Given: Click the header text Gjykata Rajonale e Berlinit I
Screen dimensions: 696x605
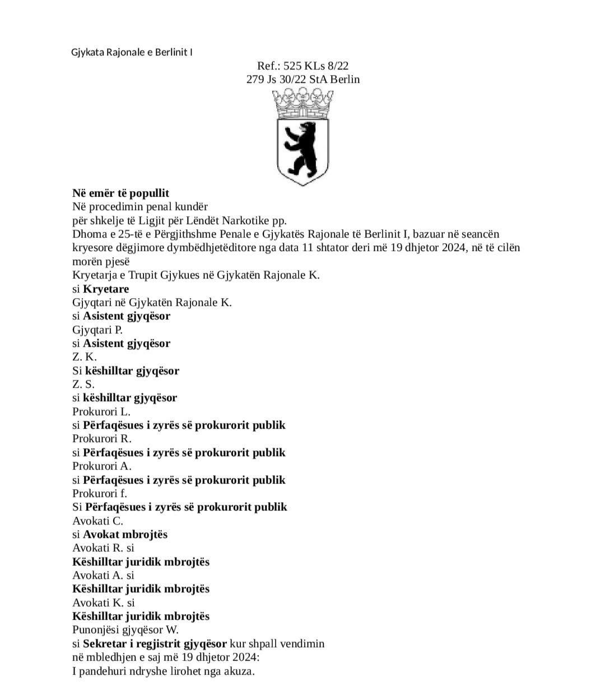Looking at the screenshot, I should pyautogui.click(x=132, y=52).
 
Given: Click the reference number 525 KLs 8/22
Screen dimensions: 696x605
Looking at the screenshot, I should pyautogui.click(x=316, y=66).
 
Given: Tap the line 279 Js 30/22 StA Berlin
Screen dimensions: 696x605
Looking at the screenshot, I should pyautogui.click(x=303, y=79).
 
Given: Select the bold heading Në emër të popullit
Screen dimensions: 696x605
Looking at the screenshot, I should pyautogui.click(x=120, y=193).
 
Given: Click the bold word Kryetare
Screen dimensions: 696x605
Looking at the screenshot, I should pyautogui.click(x=106, y=289).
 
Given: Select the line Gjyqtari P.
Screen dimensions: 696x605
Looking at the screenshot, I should pyautogui.click(x=97, y=330).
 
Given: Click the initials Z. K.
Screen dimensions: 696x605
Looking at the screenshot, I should pyautogui.click(x=85, y=357).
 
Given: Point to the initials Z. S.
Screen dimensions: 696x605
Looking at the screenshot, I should pyautogui.click(x=83, y=384).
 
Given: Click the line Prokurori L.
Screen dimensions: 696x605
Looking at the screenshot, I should pyautogui.click(x=101, y=411).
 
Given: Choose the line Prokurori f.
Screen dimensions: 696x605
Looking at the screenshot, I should pyautogui.click(x=100, y=494).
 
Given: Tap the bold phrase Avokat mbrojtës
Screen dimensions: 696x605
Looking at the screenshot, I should pyautogui.click(x=125, y=535).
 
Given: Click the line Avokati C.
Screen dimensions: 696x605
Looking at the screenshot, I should pyautogui.click(x=97, y=521).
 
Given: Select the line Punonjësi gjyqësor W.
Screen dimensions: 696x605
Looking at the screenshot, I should pyautogui.click(x=125, y=630).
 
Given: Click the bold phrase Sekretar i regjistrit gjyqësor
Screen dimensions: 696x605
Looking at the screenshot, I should pyautogui.click(x=155, y=643).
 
